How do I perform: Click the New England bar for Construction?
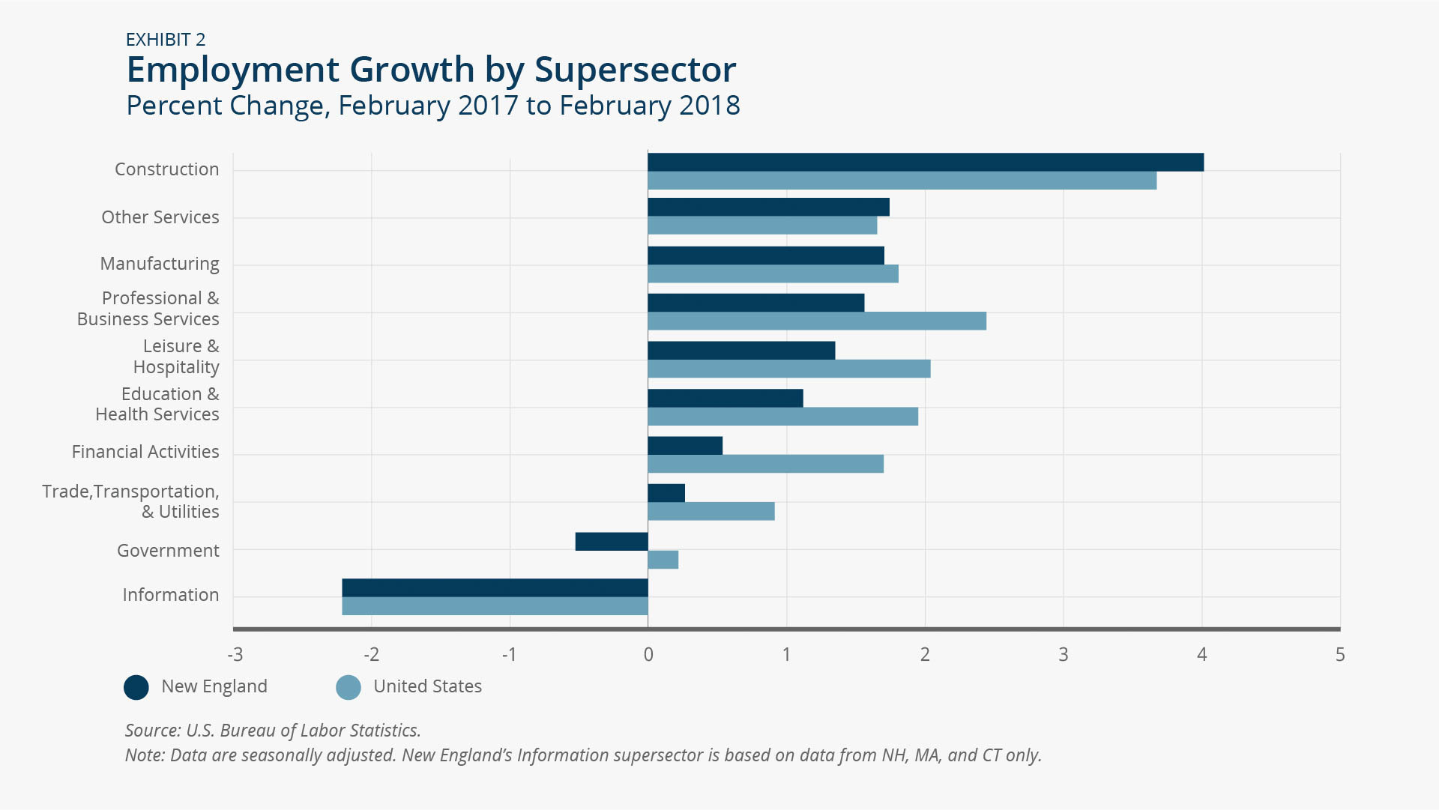pos(926,162)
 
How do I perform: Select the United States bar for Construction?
pos(902,181)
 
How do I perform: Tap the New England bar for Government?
pos(612,541)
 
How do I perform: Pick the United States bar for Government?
pos(663,560)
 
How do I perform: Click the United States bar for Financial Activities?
pos(766,464)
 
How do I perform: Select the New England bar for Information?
pos(495,587)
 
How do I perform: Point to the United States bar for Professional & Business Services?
pos(817,321)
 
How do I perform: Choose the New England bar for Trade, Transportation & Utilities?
pos(666,493)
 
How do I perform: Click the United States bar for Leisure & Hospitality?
pos(789,369)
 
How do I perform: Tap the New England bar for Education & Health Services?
pos(725,398)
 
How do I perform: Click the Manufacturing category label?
pos(160,264)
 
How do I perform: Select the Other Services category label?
pos(160,217)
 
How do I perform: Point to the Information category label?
pos(171,595)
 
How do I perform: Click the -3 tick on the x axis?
pos(235,655)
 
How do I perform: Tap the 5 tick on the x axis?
pos(1340,655)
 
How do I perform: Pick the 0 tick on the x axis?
pos(648,655)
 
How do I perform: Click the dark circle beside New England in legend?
pos(136,687)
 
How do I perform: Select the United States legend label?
pos(428,686)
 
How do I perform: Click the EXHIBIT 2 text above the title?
pos(166,40)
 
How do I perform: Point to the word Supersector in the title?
pos(636,70)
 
